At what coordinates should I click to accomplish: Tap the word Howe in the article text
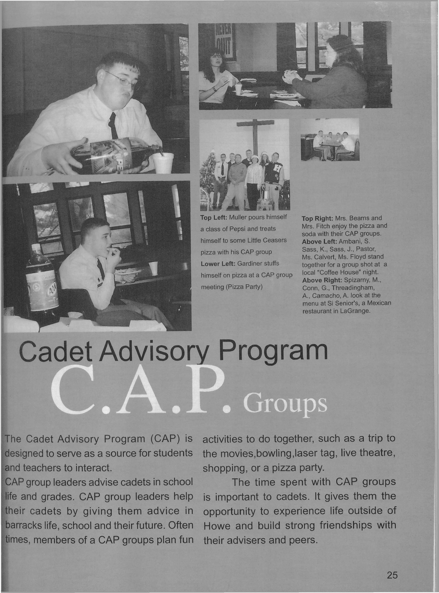216,526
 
